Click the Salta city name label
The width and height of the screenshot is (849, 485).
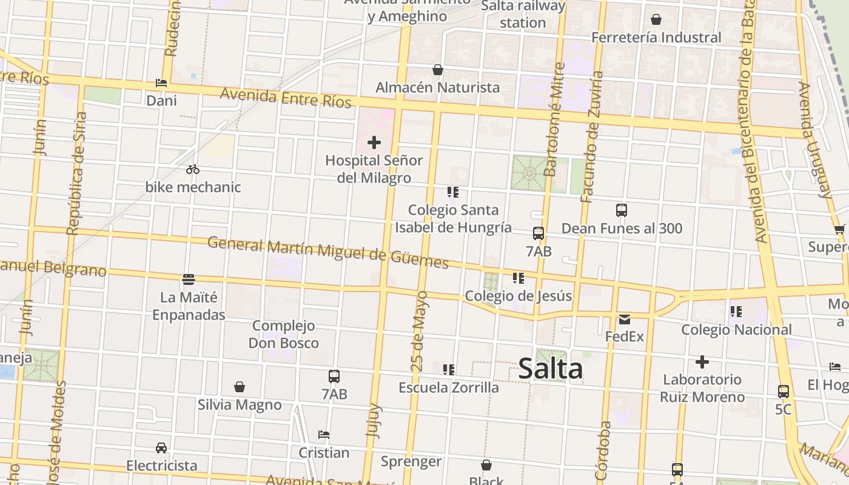[x=551, y=369]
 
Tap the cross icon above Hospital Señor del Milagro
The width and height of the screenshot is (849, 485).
[x=374, y=142]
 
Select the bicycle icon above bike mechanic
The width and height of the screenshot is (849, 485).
[x=193, y=169]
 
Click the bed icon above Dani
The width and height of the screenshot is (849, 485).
[x=161, y=82]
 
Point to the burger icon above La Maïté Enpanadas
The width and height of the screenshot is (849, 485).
[x=189, y=279]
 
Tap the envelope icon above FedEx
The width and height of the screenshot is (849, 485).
[x=624, y=319]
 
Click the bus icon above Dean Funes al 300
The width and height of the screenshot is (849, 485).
[x=622, y=210]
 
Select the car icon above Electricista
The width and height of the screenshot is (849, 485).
[x=161, y=448]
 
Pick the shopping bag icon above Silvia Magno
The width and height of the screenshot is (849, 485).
[x=240, y=387]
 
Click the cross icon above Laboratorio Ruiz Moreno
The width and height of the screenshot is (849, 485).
[x=702, y=362]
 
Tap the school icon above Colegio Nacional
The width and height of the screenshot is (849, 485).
[x=736, y=312]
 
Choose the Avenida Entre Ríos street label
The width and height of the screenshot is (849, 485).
[x=286, y=97]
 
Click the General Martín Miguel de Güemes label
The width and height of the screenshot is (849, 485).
[x=327, y=252]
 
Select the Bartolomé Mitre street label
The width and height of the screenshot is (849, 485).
[x=555, y=120]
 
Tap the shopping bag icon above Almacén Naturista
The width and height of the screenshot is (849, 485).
[x=438, y=70]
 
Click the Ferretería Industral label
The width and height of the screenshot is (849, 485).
[x=656, y=38]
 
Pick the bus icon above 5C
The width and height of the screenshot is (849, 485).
[x=784, y=392]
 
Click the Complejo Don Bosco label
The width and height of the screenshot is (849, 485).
[x=284, y=334]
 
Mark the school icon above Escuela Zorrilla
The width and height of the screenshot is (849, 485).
[x=449, y=369]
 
